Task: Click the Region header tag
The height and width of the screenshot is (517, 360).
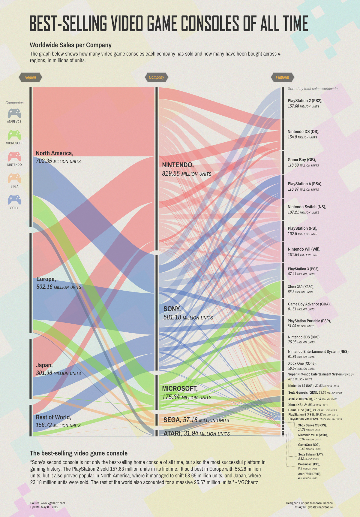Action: (x=30, y=77)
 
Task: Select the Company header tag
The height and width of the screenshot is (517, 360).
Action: (x=156, y=77)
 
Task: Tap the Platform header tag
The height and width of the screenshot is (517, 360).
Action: (x=282, y=77)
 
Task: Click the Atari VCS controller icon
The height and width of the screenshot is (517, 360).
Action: (x=14, y=113)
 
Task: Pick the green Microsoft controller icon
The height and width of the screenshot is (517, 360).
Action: (x=14, y=135)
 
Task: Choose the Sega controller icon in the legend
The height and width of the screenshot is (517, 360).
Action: (x=14, y=178)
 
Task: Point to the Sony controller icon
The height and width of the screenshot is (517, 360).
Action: (x=14, y=200)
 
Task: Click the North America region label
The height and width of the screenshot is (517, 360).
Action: (x=54, y=153)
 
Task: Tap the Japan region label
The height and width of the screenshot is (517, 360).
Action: (x=44, y=365)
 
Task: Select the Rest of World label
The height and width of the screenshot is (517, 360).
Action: (x=53, y=417)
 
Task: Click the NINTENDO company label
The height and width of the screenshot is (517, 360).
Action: (x=178, y=165)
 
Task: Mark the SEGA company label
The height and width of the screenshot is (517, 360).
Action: (x=172, y=420)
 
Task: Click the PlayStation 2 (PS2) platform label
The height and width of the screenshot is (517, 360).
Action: (x=305, y=101)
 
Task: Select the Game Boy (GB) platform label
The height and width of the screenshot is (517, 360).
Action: (x=302, y=160)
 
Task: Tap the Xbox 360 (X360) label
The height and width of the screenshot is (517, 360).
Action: (x=301, y=287)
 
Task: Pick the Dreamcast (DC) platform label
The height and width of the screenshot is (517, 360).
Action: (x=309, y=464)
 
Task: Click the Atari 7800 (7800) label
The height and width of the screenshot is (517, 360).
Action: (x=310, y=474)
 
